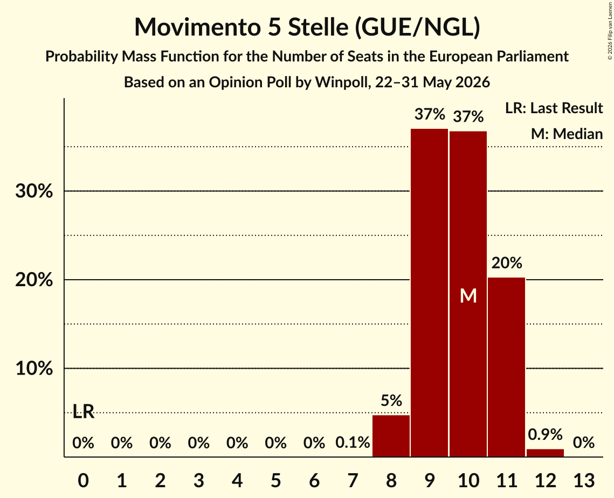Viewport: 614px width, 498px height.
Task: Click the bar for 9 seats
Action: pos(430,293)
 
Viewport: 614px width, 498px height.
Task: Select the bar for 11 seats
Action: pos(506,367)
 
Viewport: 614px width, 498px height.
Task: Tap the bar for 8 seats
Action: pos(391,435)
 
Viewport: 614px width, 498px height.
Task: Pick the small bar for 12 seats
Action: pos(545,453)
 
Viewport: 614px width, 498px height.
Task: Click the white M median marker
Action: pos(468,295)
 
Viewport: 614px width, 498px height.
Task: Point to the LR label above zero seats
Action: pos(84,411)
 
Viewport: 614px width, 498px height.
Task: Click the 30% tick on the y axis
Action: pos(34,191)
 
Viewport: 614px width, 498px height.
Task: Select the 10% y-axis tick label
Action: pos(34,369)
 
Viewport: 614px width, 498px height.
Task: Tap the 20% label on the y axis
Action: pos(34,280)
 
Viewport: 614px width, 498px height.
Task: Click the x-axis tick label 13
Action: pos(584,480)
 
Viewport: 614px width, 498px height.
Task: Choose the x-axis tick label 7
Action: pos(353,480)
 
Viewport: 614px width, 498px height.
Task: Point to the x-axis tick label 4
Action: pos(237,480)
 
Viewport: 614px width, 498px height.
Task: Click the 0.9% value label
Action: pos(545,434)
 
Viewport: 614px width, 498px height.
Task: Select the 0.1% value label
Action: pos(353,443)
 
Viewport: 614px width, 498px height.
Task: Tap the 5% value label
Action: pos(391,400)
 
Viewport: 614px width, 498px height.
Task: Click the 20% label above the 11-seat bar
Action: pos(507,263)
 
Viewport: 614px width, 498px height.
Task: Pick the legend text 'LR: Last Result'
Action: pos(554,108)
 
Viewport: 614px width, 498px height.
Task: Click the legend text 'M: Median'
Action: pos(567,134)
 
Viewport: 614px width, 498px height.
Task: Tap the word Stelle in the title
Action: pos(318,27)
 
